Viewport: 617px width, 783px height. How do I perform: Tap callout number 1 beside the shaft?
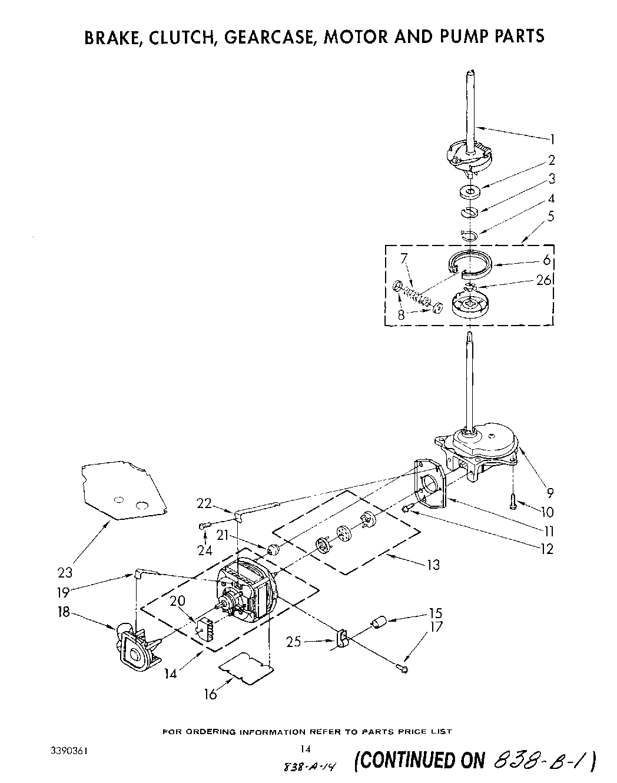pos(552,140)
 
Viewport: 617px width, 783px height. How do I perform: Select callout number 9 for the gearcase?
pos(550,493)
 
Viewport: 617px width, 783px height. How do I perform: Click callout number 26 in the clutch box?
pos(543,280)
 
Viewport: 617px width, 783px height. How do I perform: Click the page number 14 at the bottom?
pos(305,749)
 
